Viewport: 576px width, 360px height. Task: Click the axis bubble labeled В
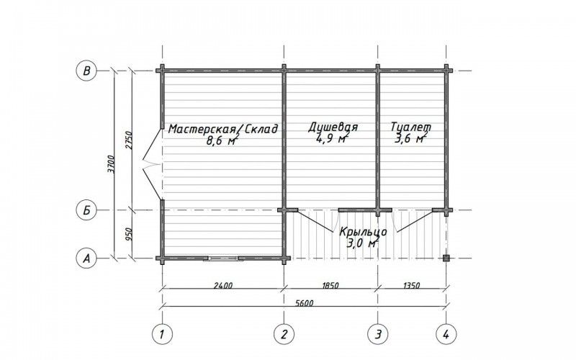86,70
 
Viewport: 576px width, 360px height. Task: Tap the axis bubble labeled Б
86,210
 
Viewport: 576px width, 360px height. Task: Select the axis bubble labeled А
86,258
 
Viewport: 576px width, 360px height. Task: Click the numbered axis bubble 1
162,334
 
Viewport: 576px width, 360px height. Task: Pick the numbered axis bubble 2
284,334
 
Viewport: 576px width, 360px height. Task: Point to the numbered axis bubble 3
378,334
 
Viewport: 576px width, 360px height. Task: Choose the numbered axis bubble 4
446,334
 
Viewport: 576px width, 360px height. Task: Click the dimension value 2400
222,285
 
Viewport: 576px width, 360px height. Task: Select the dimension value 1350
411,285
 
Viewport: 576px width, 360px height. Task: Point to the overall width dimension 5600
304,303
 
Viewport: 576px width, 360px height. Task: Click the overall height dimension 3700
112,164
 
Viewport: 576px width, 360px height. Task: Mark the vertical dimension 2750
128,140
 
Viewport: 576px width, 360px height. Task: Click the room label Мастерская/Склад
223,129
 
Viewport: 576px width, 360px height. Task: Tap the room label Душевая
333,127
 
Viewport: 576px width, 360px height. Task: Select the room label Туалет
410,127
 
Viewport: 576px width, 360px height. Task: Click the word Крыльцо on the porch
363,233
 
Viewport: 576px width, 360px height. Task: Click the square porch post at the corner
446,258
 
